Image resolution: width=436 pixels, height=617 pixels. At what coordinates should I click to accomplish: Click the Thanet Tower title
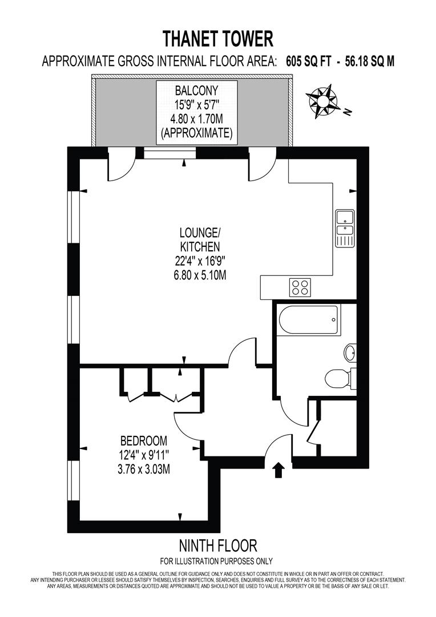click(218, 39)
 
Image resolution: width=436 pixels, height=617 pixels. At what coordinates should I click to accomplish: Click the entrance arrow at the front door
click(278, 470)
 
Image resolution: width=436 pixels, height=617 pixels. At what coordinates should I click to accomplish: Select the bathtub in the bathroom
click(308, 320)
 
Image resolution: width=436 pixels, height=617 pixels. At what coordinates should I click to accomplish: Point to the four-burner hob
click(300, 286)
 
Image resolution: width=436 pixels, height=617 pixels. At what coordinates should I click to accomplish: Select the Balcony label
click(196, 90)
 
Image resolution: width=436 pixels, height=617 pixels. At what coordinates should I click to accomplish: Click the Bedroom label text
click(143, 441)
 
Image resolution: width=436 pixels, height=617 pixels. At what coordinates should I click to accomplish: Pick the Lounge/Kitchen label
click(199, 240)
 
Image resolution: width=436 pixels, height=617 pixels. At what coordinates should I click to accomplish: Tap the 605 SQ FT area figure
click(309, 62)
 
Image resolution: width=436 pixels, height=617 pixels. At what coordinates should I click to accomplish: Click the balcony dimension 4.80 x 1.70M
click(196, 121)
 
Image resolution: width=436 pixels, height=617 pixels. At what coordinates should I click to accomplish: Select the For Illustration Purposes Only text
click(216, 560)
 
